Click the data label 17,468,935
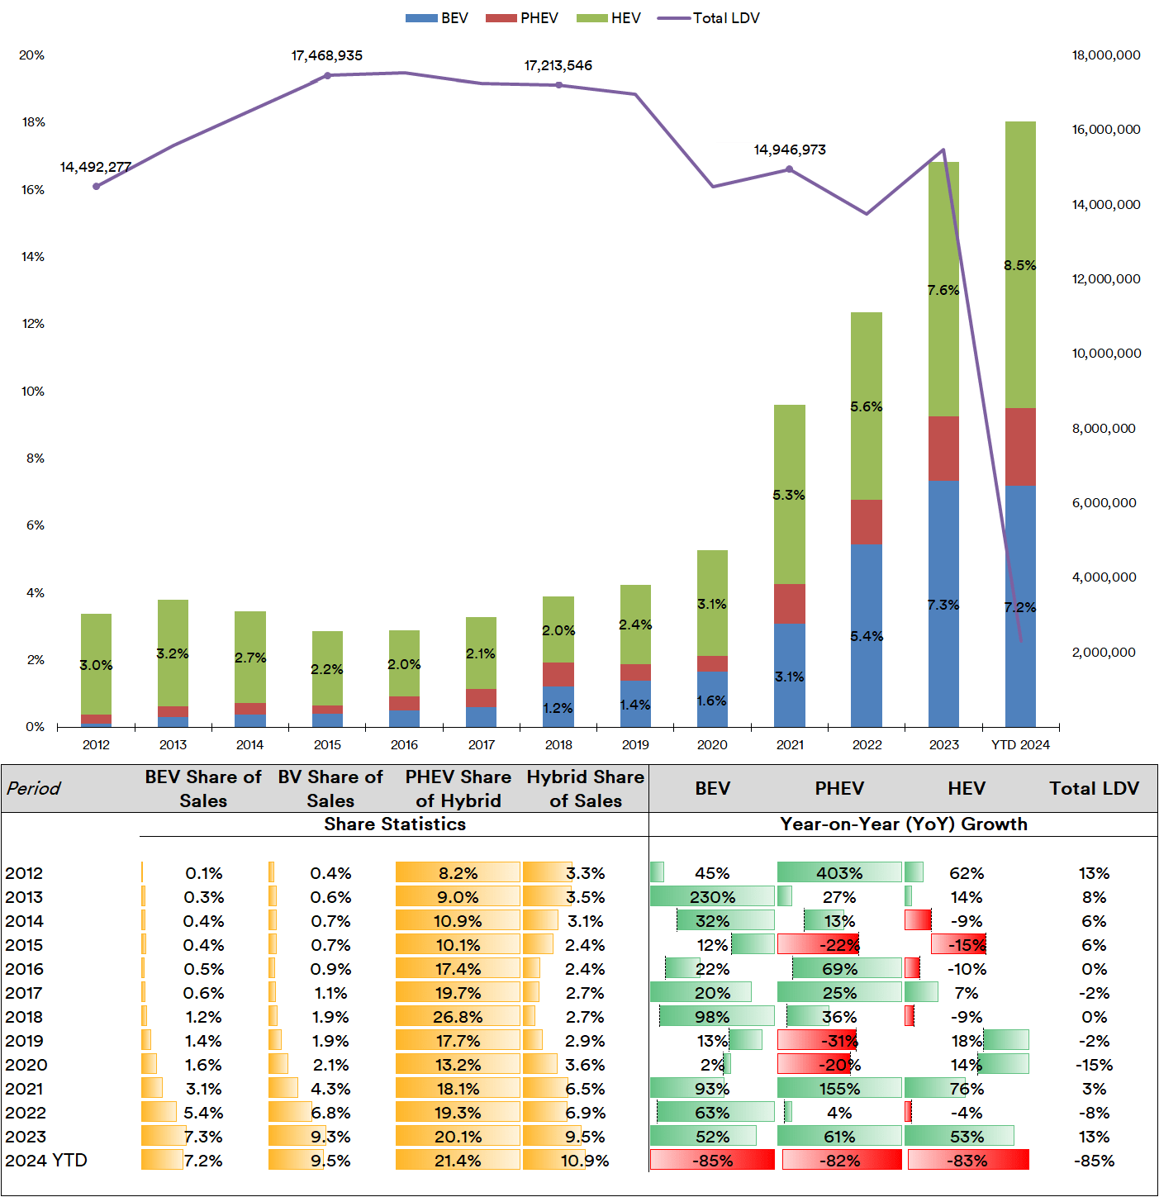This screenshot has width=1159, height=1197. [326, 56]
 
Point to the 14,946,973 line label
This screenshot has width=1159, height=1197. [789, 150]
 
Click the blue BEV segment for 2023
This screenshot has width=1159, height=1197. [943, 603]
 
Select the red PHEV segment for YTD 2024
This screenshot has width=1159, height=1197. [1020, 446]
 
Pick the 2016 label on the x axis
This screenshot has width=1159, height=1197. [404, 745]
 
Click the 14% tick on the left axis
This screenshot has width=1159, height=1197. [33, 257]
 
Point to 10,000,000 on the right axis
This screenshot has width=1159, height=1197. [1106, 354]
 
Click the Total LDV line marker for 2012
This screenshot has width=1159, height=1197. [97, 187]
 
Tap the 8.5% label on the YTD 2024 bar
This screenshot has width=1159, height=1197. [1019, 265]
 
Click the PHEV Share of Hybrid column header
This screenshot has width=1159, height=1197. [458, 789]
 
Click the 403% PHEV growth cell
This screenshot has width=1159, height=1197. [839, 873]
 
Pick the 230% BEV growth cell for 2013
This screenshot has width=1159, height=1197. [712, 897]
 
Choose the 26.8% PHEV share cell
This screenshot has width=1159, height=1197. [458, 1017]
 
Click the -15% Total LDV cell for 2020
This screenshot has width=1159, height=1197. [1094, 1065]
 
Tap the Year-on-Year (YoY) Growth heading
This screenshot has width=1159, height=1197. [904, 824]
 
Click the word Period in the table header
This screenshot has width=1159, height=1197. [34, 788]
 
